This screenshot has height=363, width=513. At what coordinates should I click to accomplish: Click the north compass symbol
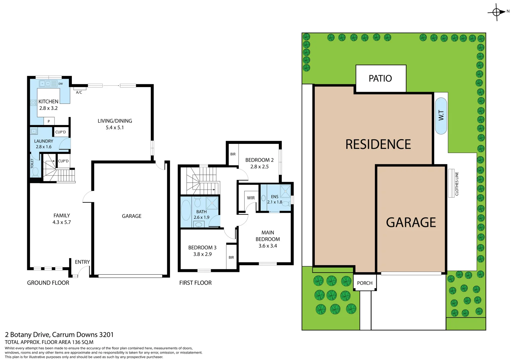click(497, 12)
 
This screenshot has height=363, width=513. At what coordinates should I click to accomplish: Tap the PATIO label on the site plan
click(380, 78)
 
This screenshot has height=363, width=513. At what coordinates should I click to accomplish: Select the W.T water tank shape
click(441, 116)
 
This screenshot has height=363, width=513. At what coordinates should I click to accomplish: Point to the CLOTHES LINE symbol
click(451, 183)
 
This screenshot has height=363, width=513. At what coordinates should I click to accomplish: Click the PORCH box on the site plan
click(365, 283)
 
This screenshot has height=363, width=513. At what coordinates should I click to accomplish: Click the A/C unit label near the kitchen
click(79, 92)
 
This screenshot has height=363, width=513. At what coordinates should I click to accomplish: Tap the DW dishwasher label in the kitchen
click(60, 84)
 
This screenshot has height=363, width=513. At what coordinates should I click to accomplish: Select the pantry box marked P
click(49, 121)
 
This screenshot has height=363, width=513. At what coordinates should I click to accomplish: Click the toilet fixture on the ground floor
click(35, 172)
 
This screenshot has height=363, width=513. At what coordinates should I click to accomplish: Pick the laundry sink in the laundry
click(34, 131)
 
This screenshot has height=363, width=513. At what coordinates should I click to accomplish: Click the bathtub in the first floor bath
click(186, 210)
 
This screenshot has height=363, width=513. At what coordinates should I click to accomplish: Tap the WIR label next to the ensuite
click(251, 198)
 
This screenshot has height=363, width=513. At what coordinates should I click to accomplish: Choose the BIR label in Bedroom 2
click(233, 154)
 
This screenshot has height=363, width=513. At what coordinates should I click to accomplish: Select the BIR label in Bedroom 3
click(231, 257)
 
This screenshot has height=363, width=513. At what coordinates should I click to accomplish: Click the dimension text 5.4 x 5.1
click(115, 128)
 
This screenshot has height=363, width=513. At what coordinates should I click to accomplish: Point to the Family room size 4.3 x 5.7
click(61, 222)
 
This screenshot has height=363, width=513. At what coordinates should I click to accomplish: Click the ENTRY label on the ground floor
click(82, 262)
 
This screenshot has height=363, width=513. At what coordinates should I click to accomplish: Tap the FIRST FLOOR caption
click(195, 283)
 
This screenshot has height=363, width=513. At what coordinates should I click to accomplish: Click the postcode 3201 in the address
click(106, 335)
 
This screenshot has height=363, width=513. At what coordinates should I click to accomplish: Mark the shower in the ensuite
click(285, 191)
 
